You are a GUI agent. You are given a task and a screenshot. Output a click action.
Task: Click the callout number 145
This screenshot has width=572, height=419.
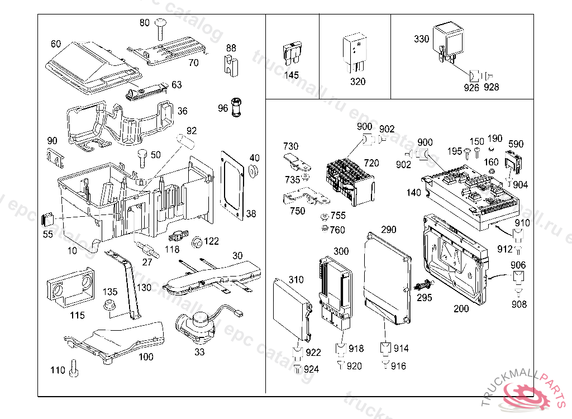pyautogui.click(x=291, y=75)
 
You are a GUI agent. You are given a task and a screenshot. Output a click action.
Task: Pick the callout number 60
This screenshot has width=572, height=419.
pyautogui.click(x=56, y=44)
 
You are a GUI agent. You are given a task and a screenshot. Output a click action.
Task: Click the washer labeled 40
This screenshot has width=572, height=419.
pyautogui.click(x=254, y=170)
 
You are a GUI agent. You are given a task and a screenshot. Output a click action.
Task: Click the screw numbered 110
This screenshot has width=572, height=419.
pyautogui.click(x=74, y=369)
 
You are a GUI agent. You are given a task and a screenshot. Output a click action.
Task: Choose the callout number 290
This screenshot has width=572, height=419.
pyautogui.click(x=388, y=230)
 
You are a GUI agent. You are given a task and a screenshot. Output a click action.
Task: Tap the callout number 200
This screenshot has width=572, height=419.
pyautogui.click(x=461, y=308)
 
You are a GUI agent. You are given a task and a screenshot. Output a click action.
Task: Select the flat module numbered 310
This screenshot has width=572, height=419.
pyautogui.click(x=292, y=310)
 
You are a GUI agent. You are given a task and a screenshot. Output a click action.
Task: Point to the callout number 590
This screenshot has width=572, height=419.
pyautogui.click(x=516, y=144)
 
